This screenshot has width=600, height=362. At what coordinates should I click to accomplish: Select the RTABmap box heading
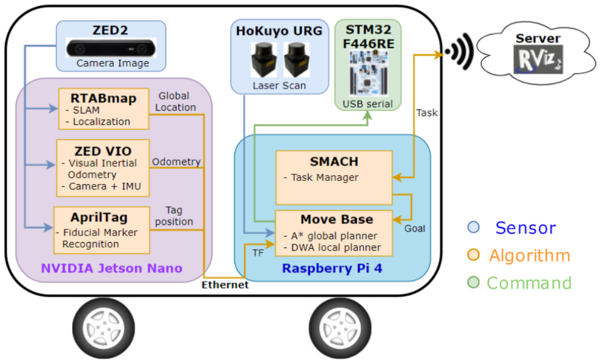[104, 98]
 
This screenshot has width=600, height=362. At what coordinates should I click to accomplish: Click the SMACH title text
[333, 161]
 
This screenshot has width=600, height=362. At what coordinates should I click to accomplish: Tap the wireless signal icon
[457, 52]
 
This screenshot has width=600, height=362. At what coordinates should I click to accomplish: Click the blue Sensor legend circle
[473, 227]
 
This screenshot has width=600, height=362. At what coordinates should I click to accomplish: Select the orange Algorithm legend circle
[473, 255]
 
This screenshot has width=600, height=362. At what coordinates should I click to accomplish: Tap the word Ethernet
[225, 285]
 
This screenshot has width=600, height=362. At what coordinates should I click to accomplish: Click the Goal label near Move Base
[415, 228]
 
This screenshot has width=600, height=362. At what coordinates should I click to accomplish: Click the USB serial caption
[368, 104]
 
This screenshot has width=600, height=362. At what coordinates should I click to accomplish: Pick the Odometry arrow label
[176, 162]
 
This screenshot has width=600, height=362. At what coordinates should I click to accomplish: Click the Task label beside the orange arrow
[427, 112]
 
